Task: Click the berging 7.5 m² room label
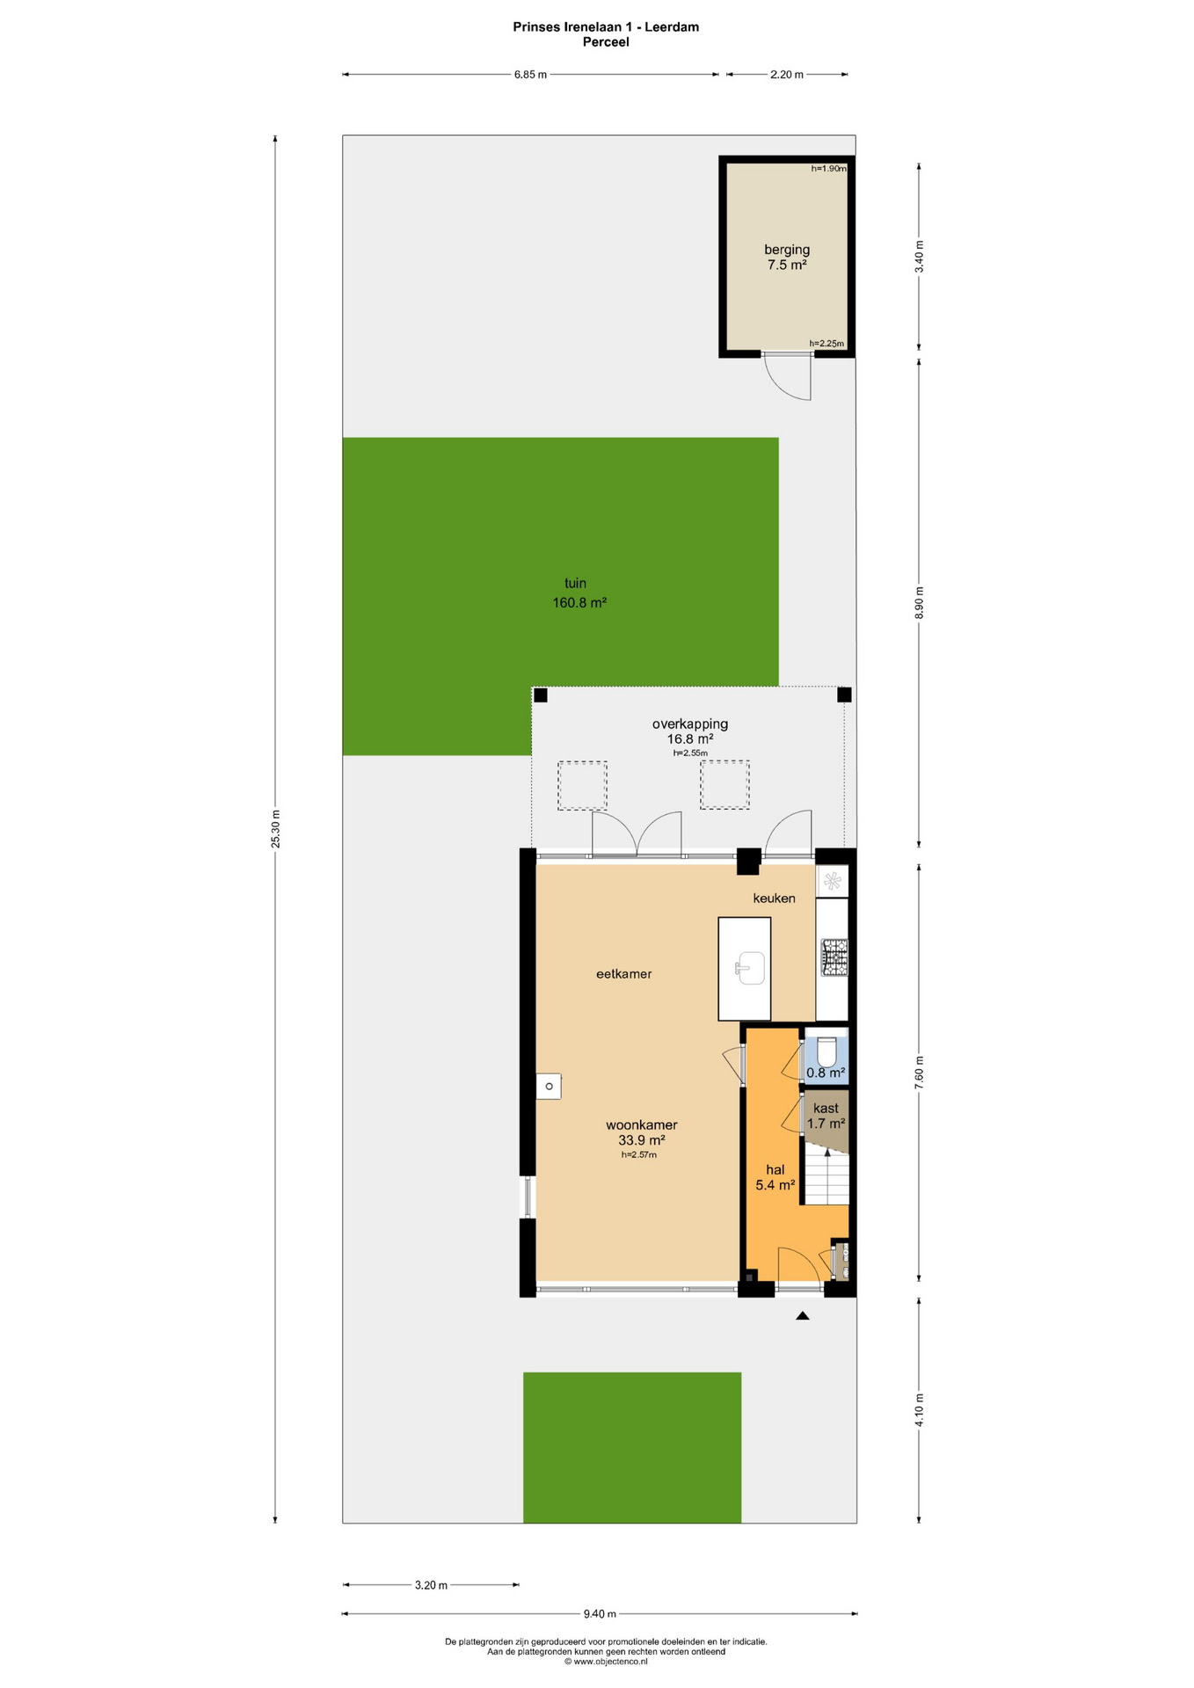click(x=786, y=257)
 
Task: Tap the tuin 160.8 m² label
click(x=579, y=593)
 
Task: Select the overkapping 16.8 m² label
click(x=690, y=731)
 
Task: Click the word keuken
click(x=774, y=898)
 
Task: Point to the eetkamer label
click(x=623, y=973)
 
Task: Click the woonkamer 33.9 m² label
click(x=641, y=1132)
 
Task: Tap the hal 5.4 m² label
click(x=775, y=1177)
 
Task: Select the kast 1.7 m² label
click(x=826, y=1116)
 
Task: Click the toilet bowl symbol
click(x=826, y=1051)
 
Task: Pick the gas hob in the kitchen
click(x=834, y=957)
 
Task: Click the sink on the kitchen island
click(x=750, y=968)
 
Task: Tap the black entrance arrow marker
click(x=802, y=1315)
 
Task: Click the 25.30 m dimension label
click(x=275, y=828)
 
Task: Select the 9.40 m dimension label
click(x=600, y=1613)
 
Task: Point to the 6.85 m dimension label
click(x=530, y=75)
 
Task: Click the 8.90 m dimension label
click(x=920, y=602)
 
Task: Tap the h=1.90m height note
click(x=828, y=168)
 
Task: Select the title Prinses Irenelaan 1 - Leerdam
click(x=606, y=26)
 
